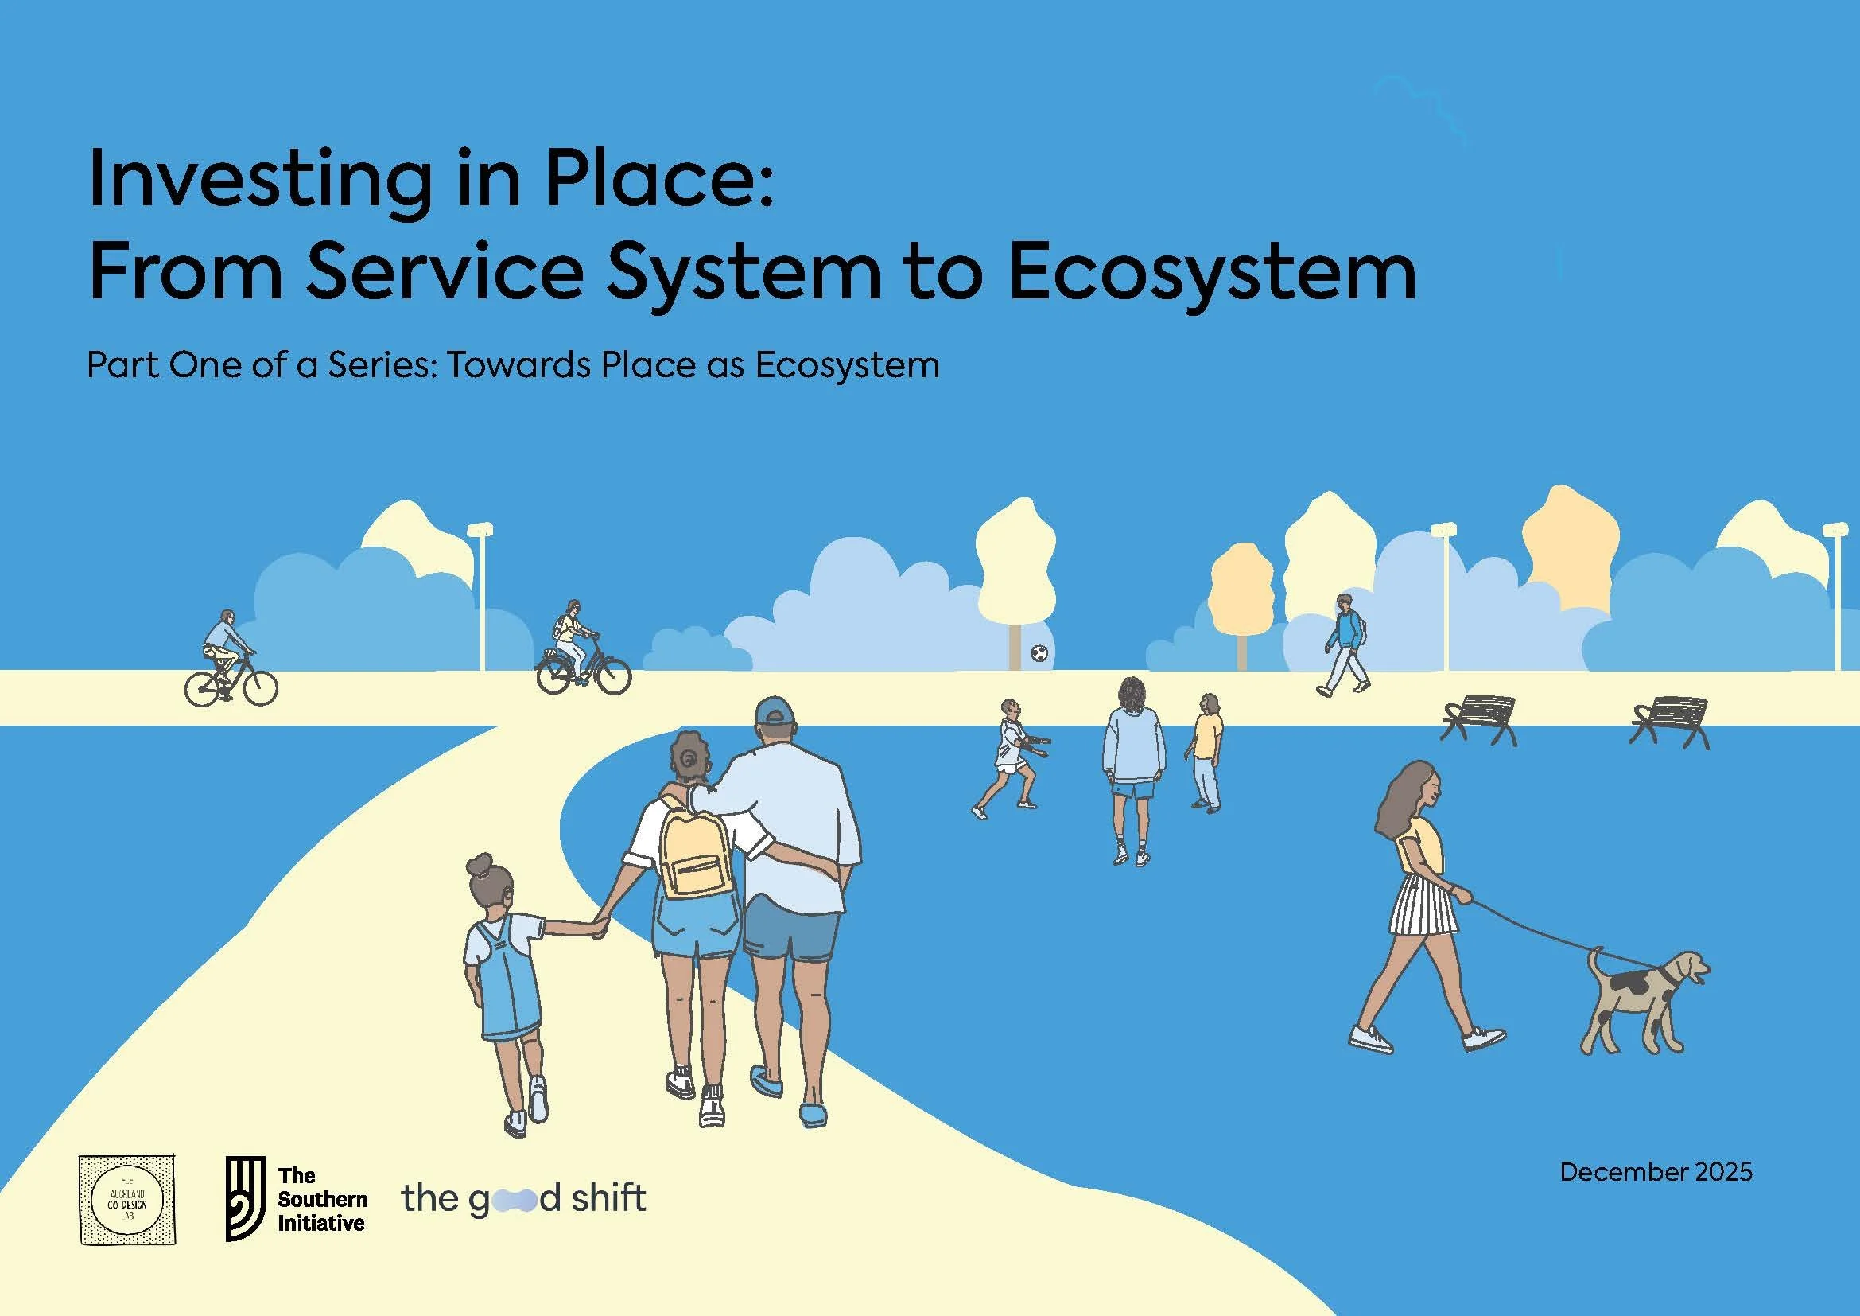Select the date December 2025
pyautogui.click(x=1656, y=1195)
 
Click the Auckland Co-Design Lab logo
pyautogui.click(x=128, y=1199)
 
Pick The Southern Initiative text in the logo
pyautogui.click(x=321, y=1199)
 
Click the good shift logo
pyautogui.click(x=523, y=1198)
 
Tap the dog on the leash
pyautogui.click(x=1641, y=999)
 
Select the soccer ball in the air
pyautogui.click(x=1039, y=652)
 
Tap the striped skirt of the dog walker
pyautogui.click(x=1423, y=905)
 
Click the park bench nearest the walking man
pyautogui.click(x=1478, y=719)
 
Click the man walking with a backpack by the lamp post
pyautogui.click(x=1345, y=644)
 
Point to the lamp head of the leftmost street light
pyautogui.click(x=480, y=530)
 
